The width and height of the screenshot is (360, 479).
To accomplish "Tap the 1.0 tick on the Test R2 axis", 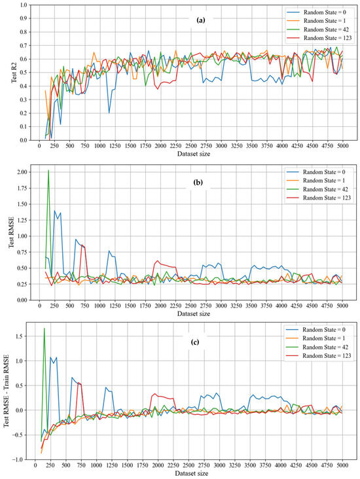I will tap(23, 5).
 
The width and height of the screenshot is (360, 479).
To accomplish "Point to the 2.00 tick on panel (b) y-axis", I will tap(22, 171).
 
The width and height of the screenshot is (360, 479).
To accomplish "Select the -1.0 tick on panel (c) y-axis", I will tap(22, 460).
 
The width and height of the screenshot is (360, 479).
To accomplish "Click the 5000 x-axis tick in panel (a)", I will tap(342, 147).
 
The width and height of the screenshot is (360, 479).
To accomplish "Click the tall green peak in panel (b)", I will tap(48, 171).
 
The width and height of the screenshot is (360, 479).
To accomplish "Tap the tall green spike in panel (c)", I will tap(45, 328).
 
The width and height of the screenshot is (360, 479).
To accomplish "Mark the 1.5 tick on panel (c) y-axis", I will tap(23, 336).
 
